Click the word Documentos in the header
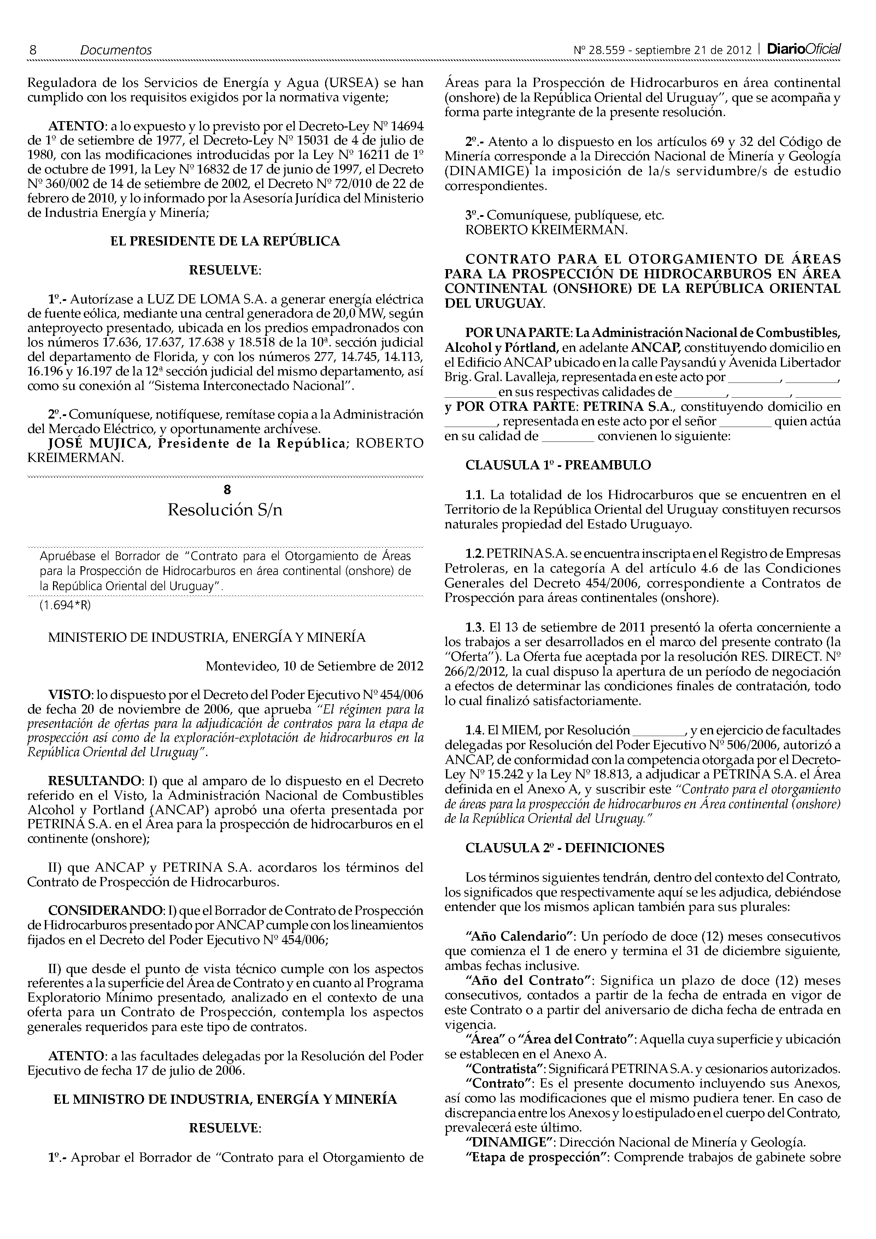pos(116,50)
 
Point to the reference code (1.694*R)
pos(65,605)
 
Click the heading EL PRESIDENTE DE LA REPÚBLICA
pos(225,241)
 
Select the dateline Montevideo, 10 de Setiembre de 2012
pos(314,666)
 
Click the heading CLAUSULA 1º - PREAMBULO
pos(558,465)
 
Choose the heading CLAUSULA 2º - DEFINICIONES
pos(565,848)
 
